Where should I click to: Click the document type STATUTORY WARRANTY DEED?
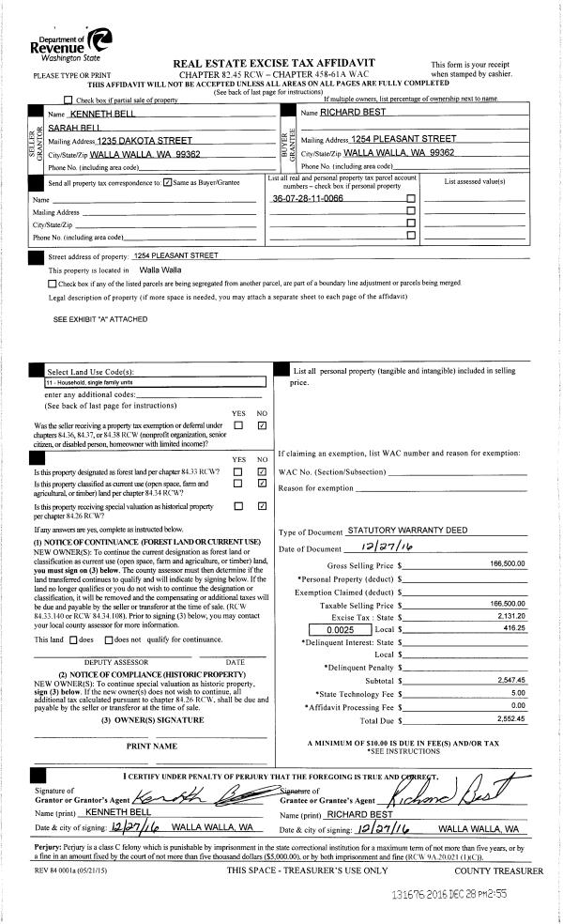406,531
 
